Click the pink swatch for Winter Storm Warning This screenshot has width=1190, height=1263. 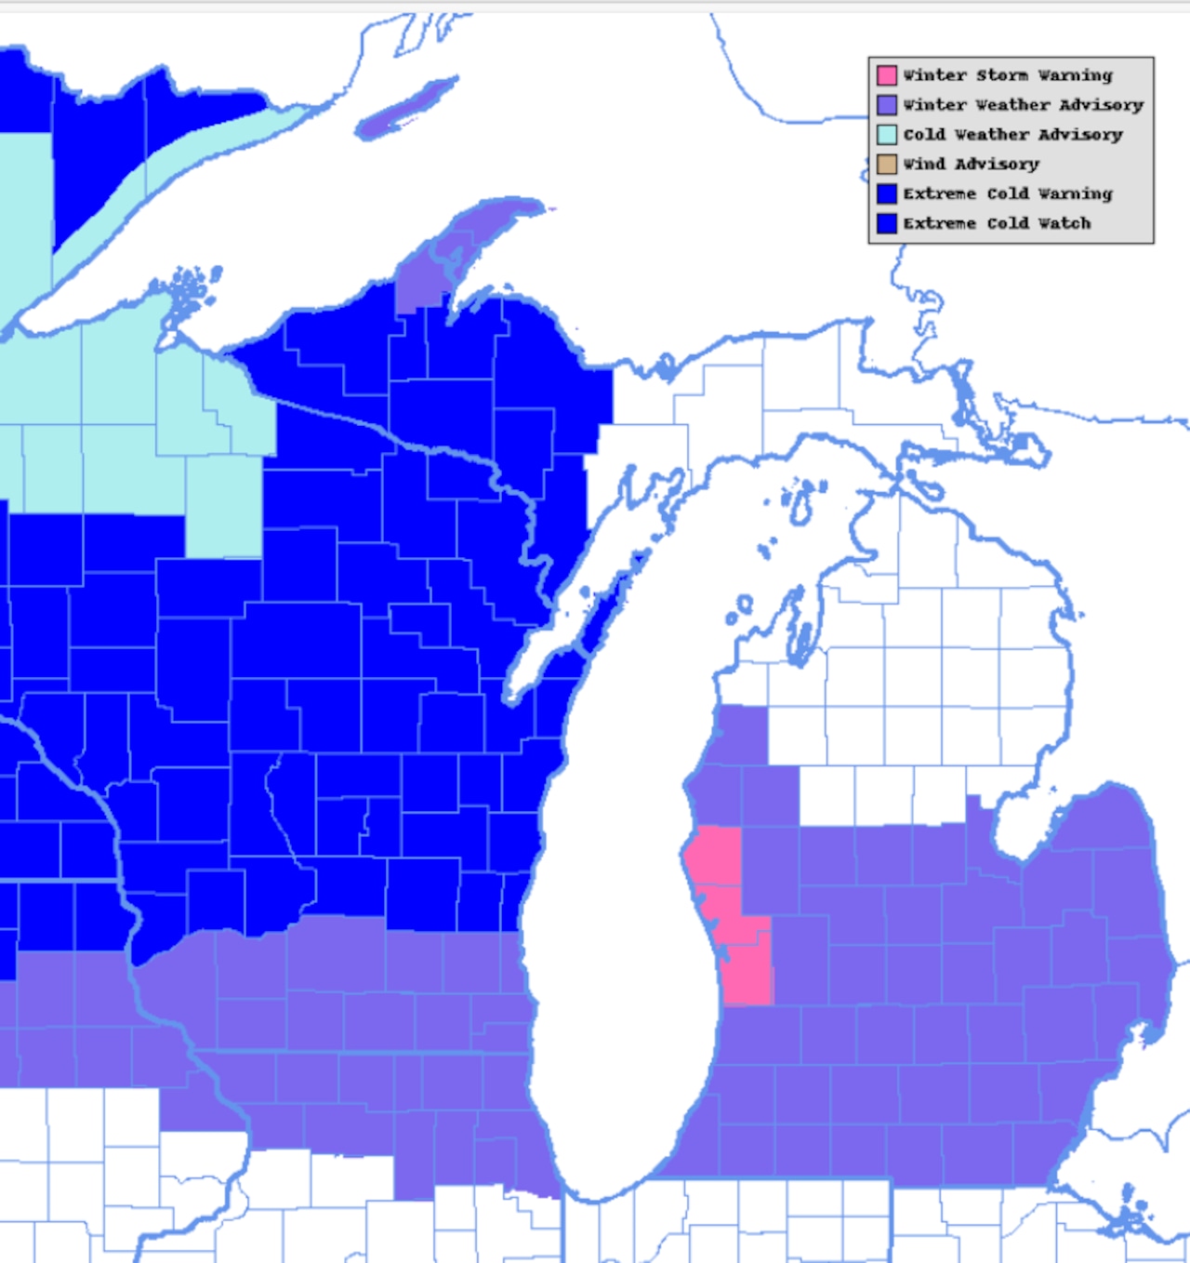887,75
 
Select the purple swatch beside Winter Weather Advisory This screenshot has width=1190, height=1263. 887,105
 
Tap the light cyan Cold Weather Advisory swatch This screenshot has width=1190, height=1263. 887,135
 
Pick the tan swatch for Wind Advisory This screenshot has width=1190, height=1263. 887,165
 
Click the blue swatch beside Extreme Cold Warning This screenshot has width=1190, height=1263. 887,194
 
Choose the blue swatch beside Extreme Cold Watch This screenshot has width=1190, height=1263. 887,224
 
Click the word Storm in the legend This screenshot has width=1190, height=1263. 1002,75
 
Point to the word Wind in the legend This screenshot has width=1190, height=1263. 924,165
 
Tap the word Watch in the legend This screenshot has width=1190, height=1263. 1064,224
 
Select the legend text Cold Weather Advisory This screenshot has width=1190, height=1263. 1012,135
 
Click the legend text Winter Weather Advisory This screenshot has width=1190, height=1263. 1023,105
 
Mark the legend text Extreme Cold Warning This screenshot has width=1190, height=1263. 1008,194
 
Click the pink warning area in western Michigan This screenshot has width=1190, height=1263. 734,921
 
